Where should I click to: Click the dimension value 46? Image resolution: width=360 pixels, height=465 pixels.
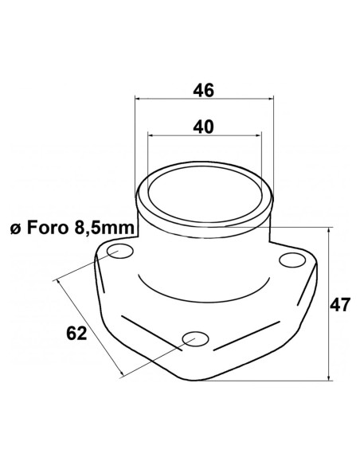(204, 90)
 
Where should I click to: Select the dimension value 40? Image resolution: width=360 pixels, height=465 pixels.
(204, 127)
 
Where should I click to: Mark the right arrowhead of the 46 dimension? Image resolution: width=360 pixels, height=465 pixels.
(272, 100)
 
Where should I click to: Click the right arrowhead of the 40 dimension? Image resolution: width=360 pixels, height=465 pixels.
(259, 136)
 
